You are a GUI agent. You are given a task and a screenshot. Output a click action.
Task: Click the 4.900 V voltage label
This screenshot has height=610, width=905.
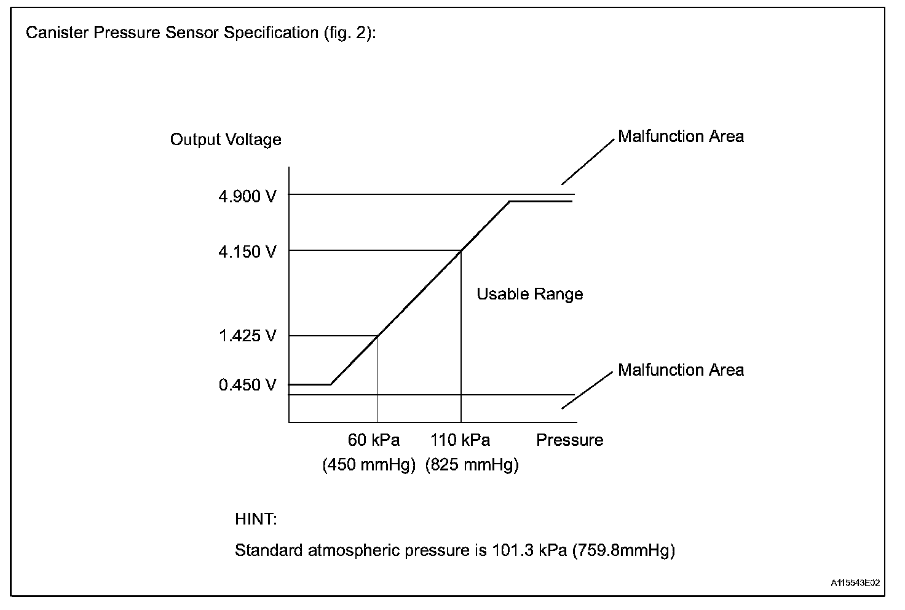click(x=248, y=197)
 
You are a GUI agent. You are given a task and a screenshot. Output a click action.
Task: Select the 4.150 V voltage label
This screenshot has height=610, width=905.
click(x=248, y=252)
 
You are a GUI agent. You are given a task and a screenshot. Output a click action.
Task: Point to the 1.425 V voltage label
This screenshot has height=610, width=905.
click(x=248, y=336)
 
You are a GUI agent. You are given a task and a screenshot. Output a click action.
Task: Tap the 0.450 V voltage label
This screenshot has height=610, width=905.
click(x=248, y=385)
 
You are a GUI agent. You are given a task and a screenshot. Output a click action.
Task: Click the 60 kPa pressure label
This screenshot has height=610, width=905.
click(x=374, y=440)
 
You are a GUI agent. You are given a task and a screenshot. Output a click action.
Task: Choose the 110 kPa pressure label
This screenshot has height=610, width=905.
click(x=460, y=440)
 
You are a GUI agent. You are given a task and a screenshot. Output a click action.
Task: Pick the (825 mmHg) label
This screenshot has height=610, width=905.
click(x=472, y=465)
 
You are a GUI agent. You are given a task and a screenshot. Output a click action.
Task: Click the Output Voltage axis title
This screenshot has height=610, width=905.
click(x=226, y=140)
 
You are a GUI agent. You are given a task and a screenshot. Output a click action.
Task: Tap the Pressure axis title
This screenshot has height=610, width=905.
click(x=570, y=440)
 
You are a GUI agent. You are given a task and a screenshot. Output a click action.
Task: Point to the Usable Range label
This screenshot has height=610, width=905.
click(x=530, y=294)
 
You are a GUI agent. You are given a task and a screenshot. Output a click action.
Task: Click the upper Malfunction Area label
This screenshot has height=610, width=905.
click(x=681, y=137)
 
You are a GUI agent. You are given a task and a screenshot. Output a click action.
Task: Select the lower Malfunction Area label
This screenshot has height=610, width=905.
click(x=681, y=370)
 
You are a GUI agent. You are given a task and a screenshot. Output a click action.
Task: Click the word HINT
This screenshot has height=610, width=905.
click(x=256, y=520)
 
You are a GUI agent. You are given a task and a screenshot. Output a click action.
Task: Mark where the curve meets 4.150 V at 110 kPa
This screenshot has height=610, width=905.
click(x=461, y=250)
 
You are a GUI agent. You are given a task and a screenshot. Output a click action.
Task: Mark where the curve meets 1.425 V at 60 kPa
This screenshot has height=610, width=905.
click(x=377, y=336)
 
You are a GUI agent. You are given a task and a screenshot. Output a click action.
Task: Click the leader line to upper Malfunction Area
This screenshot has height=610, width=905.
click(x=588, y=161)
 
